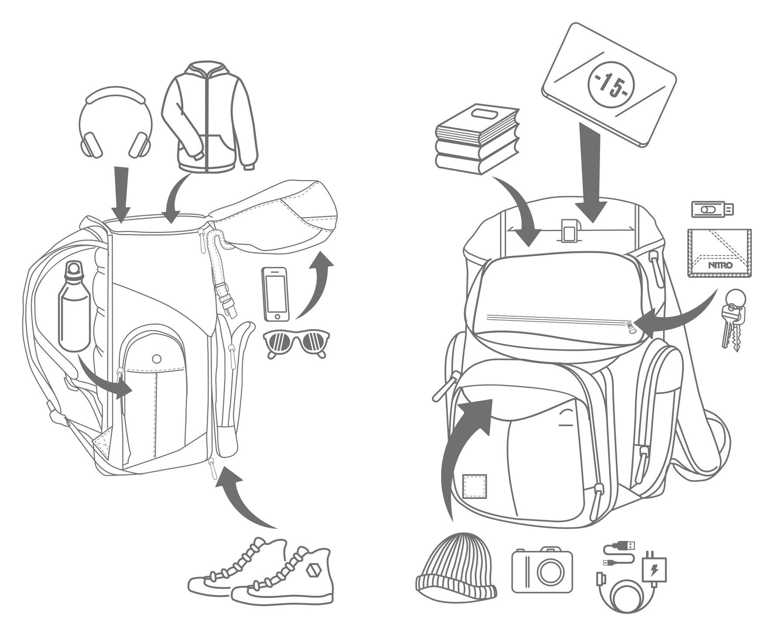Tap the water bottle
click(74, 306)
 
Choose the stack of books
click(478, 139)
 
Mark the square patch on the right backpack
click(475, 486)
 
